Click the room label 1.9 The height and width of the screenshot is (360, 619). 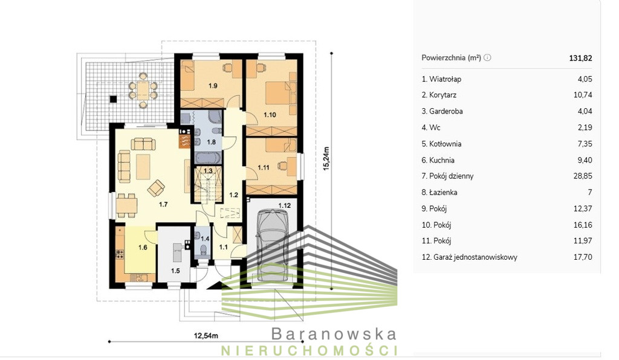pos(213,86)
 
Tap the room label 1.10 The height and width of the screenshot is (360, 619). pos(270,115)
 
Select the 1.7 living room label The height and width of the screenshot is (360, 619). pos(163,204)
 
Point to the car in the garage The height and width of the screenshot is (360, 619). pos(273,245)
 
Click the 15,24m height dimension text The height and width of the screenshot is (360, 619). pos(326,158)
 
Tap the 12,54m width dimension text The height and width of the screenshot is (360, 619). pos(206,336)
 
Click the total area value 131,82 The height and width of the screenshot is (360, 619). pos(580,58)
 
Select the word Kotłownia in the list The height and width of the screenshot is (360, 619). pos(445,144)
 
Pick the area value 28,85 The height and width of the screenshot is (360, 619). pos(583,176)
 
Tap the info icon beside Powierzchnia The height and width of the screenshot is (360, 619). pos(488,57)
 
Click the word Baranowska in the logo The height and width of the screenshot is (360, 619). pos(334,334)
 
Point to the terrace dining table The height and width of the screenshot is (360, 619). pos(143,89)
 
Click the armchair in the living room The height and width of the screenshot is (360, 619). pos(156,188)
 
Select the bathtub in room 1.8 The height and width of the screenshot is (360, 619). pos(208,158)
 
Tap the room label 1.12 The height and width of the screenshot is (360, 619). pos(284,205)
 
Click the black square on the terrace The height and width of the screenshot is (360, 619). pos(113,100)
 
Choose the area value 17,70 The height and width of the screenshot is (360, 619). pos(583,257)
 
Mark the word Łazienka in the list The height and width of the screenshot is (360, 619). pos(443,193)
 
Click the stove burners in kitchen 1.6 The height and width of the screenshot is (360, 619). pos(120,254)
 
